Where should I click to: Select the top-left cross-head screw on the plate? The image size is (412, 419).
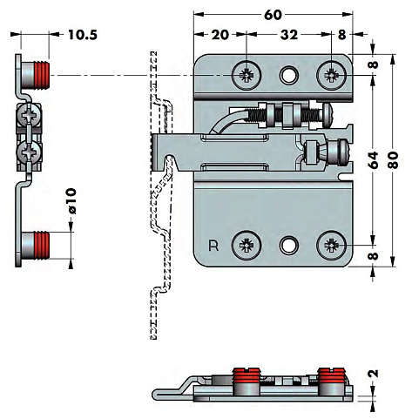click(247, 75)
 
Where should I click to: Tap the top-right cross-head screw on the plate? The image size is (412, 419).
click(332, 75)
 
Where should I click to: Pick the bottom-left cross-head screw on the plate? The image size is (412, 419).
click(247, 246)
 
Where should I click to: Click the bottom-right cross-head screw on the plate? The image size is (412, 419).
click(332, 246)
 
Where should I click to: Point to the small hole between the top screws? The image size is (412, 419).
click(289, 76)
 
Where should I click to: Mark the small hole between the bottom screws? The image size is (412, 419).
click(289, 247)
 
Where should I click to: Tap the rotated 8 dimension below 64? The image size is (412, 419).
click(373, 257)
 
